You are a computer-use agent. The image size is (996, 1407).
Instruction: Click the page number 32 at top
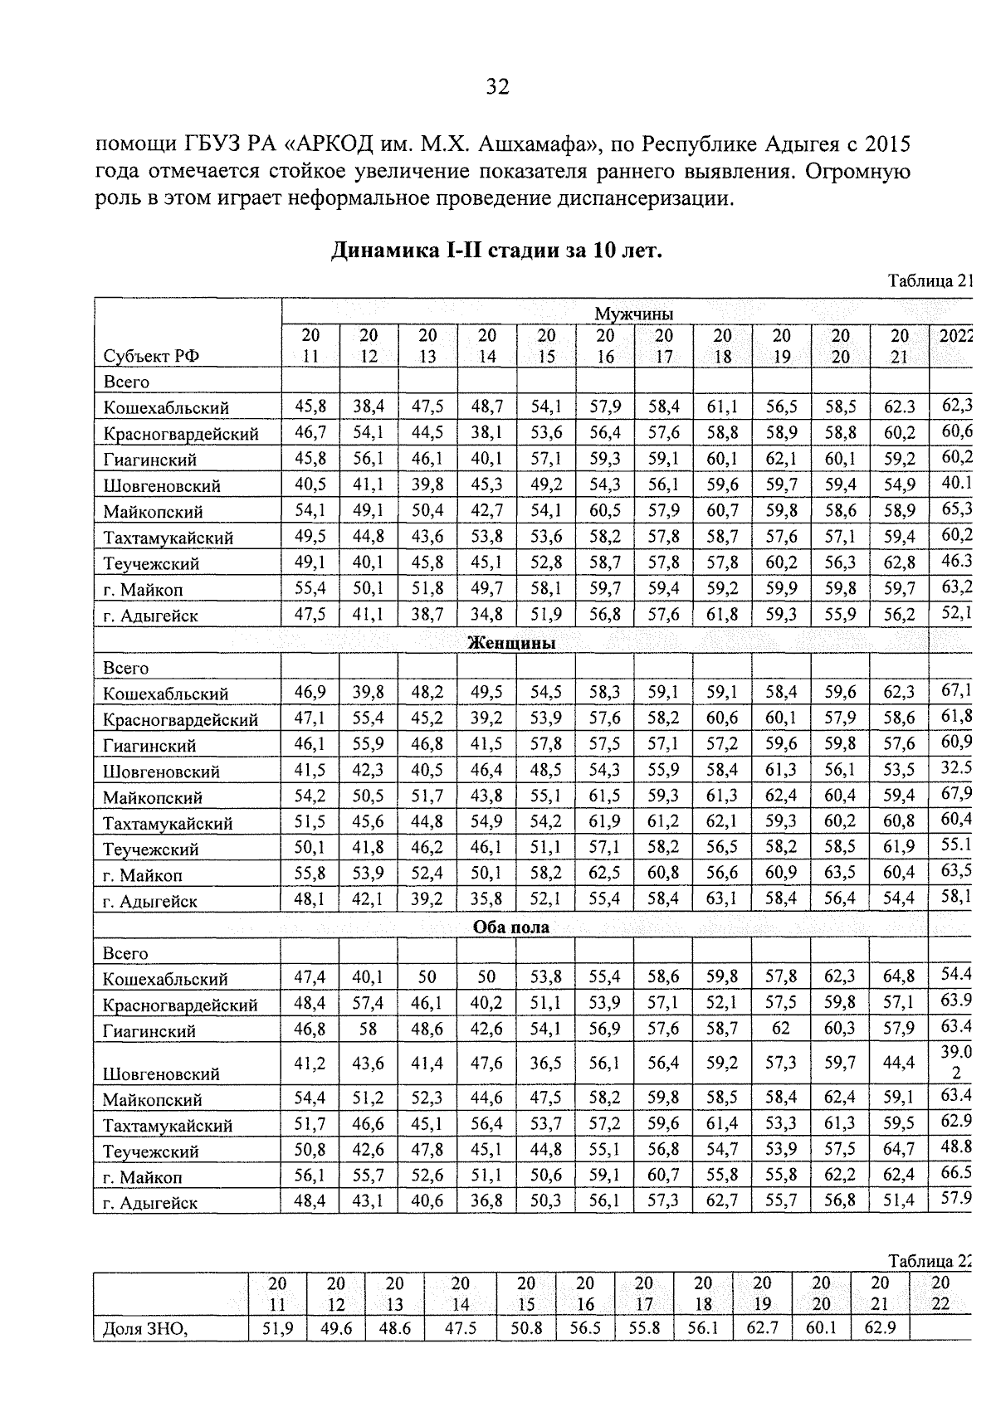point(497,87)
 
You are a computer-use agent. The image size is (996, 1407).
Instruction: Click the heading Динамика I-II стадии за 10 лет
point(497,251)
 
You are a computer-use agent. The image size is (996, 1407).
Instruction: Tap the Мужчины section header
point(633,313)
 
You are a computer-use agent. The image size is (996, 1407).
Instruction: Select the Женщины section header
point(511,643)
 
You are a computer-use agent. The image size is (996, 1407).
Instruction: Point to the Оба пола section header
point(511,927)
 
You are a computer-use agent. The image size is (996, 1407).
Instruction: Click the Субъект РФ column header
point(151,356)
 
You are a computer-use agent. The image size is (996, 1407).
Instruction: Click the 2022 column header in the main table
point(954,336)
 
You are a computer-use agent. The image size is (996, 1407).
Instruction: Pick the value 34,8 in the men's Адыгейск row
point(486,616)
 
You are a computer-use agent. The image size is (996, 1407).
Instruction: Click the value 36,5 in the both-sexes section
point(545,1063)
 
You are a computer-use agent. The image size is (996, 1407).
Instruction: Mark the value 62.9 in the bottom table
point(879,1327)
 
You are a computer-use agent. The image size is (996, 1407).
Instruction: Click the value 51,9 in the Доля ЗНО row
point(277,1327)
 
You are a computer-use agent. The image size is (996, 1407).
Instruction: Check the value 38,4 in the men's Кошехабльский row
point(369,407)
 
